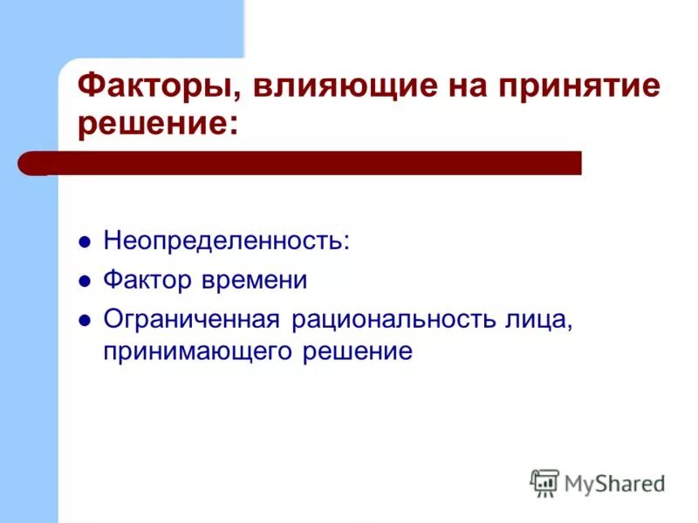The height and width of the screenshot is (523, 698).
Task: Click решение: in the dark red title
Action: (x=158, y=123)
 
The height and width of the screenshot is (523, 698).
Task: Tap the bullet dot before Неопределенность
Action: (x=85, y=242)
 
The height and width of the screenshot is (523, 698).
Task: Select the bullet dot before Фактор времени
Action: (x=85, y=282)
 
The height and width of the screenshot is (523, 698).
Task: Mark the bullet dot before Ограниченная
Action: (x=85, y=320)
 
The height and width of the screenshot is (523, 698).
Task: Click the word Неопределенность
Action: (x=226, y=241)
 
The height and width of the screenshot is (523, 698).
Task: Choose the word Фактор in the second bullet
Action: (x=149, y=280)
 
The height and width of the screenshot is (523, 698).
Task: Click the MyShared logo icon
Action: (x=544, y=481)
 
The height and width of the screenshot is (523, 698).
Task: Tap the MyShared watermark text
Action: (x=614, y=482)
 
